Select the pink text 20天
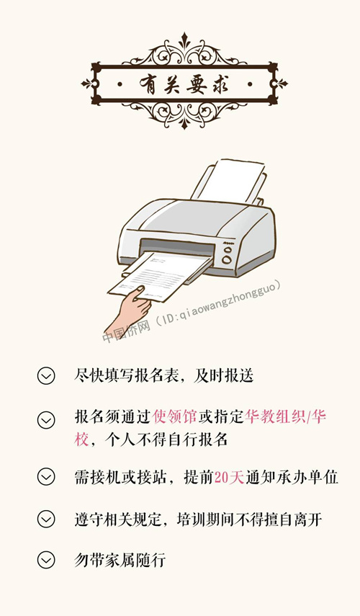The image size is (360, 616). [230, 477]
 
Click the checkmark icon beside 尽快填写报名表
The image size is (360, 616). [46, 375]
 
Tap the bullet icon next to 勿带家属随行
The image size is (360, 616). [46, 560]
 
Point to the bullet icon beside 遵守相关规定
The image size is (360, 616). [46, 519]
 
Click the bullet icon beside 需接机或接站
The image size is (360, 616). [46, 477]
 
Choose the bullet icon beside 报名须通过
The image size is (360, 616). [46, 419]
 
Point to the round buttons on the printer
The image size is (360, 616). [227, 255]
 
